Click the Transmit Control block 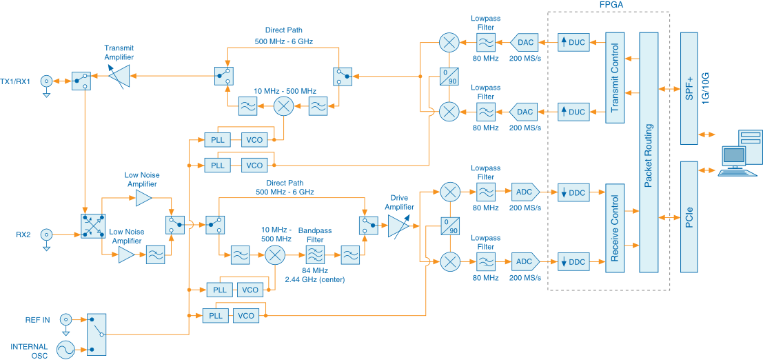614,78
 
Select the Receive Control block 614,228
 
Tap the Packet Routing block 648,152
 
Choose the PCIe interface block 689,217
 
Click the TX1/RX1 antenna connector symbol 47,81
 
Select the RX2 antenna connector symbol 47,234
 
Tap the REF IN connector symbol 65,319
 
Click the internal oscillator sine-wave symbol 65,350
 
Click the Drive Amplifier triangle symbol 398,224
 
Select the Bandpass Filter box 315,254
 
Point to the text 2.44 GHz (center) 315,279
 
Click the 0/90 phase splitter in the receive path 449,226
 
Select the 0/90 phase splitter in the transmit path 449,76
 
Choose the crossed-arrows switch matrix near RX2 92,226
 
